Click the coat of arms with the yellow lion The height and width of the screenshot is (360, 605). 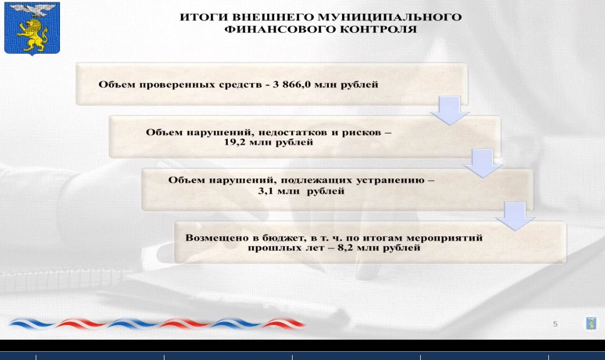click(x=32, y=28)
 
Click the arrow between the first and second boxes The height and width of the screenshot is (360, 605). click(x=449, y=110)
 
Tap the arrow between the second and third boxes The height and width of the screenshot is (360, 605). click(x=483, y=163)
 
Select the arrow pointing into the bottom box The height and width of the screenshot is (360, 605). click(x=515, y=216)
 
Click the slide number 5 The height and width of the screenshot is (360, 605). click(x=555, y=324)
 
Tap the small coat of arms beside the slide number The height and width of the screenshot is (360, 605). click(x=591, y=323)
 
